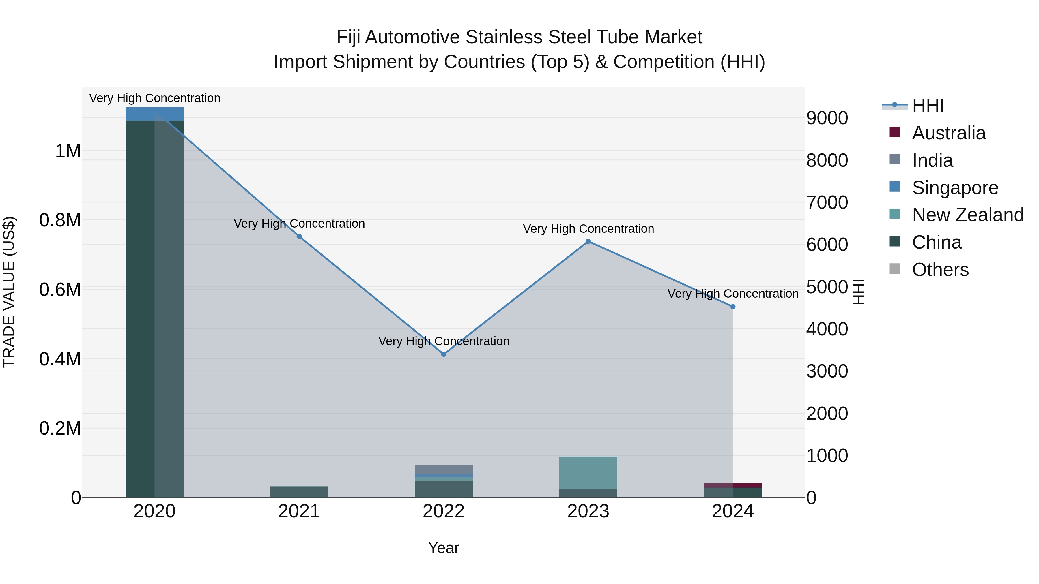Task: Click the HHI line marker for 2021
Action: tap(299, 236)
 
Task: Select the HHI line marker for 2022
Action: tap(444, 354)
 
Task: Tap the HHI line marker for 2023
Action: tap(588, 241)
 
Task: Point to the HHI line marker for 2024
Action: tap(733, 307)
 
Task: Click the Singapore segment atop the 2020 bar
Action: tap(154, 114)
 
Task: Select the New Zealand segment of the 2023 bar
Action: tap(588, 472)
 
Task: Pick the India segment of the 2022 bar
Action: tap(444, 470)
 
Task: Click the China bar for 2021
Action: tap(299, 492)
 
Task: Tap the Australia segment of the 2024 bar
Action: tap(733, 485)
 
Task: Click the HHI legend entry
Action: tap(927, 106)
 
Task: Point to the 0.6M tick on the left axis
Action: tap(60, 290)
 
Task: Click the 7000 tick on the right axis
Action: tap(827, 202)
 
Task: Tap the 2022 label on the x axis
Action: tap(444, 511)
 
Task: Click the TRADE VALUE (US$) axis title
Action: tap(9, 292)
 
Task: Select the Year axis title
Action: tap(444, 548)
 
